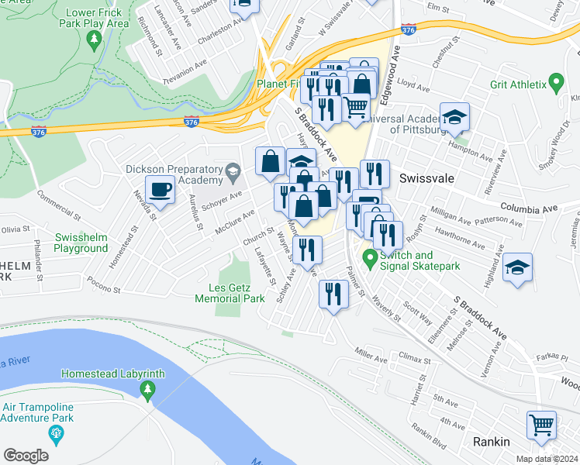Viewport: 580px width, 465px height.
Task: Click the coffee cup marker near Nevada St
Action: pyautogui.click(x=161, y=189)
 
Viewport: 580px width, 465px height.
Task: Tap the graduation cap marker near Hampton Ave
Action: pyautogui.click(x=454, y=117)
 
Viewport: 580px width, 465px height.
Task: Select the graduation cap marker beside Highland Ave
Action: pyautogui.click(x=517, y=267)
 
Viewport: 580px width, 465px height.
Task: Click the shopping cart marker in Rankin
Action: pyautogui.click(x=542, y=425)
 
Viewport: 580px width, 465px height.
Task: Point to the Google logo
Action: pyautogui.click(x=26, y=456)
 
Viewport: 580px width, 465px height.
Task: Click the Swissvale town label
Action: pyautogui.click(x=425, y=177)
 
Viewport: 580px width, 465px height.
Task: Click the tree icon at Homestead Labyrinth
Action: pyautogui.click(x=146, y=388)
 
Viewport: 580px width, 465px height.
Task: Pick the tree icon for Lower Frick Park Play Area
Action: pyautogui.click(x=95, y=40)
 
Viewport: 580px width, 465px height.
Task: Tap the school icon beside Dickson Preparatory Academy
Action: pyautogui.click(x=231, y=170)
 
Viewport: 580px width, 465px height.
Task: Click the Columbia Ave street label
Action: pyautogui.click(x=529, y=208)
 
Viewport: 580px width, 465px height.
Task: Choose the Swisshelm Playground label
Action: pyautogui.click(x=81, y=243)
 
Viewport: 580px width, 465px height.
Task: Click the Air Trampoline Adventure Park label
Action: pyautogui.click(x=37, y=412)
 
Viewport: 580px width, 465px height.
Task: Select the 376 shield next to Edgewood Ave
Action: pyautogui.click(x=409, y=29)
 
